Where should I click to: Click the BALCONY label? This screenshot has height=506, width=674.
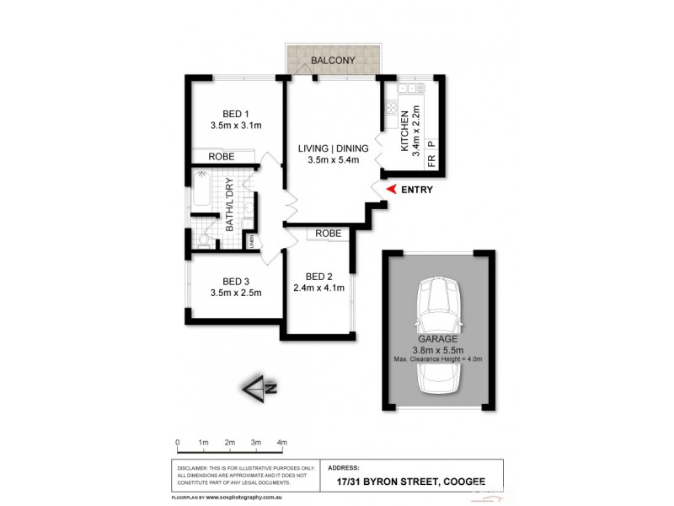point(333,61)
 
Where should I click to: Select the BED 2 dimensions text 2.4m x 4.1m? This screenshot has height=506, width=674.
point(319,288)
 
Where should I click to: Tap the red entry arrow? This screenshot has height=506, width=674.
point(389,190)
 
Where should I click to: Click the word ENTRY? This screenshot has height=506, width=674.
point(417,190)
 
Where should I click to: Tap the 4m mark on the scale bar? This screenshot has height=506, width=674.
point(282,442)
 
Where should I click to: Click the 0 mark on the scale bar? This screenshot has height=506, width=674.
point(178,442)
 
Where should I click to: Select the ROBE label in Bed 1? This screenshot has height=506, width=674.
point(222,157)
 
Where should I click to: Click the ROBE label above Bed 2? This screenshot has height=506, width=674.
point(329,234)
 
